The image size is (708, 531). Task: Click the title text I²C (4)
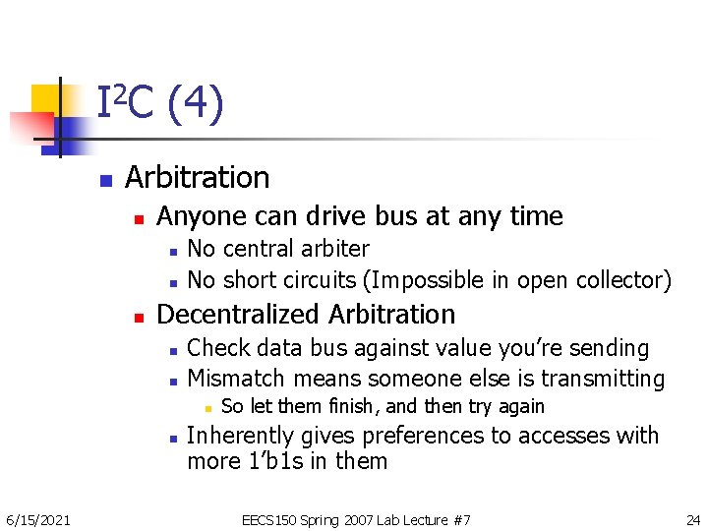click(x=160, y=103)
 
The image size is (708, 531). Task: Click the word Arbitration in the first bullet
click(x=197, y=177)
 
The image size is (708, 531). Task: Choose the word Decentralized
click(x=239, y=315)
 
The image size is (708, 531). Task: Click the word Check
click(x=217, y=348)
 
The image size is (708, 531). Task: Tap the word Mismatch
click(x=234, y=379)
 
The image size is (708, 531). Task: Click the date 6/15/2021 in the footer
click(x=37, y=519)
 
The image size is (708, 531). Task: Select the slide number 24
click(x=692, y=519)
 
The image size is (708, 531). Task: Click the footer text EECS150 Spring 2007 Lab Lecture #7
click(x=356, y=519)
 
